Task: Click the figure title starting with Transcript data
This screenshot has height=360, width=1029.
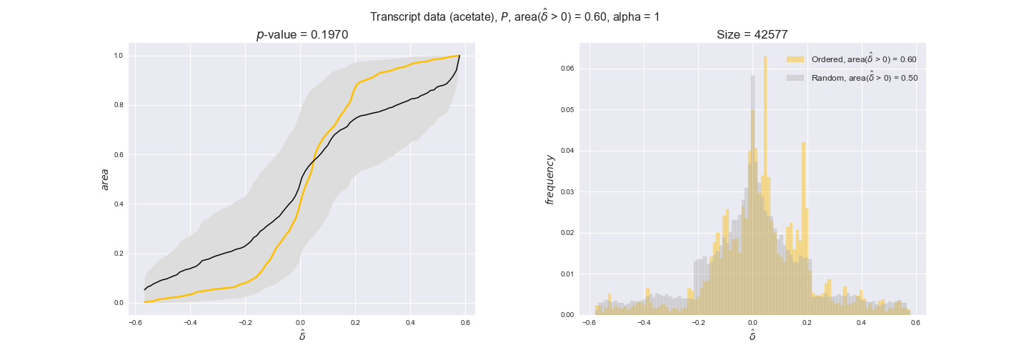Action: pyautogui.click(x=514, y=16)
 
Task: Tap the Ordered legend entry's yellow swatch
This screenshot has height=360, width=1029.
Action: pyautogui.click(x=795, y=59)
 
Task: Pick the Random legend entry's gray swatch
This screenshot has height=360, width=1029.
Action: pyautogui.click(x=795, y=78)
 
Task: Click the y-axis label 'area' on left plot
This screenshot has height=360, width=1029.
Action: pyautogui.click(x=105, y=179)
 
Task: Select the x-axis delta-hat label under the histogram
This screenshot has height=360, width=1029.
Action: pyautogui.click(x=752, y=335)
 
